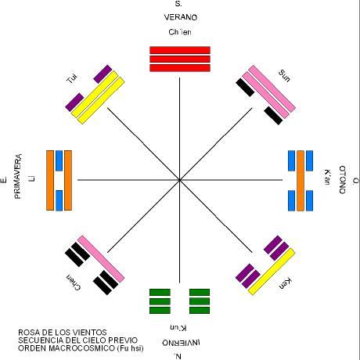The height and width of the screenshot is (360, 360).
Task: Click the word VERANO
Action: tap(180, 17)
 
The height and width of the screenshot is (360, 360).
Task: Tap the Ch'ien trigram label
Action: tap(180, 32)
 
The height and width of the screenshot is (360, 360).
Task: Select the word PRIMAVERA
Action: tap(18, 177)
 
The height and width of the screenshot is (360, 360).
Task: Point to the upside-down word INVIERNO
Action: tap(181, 343)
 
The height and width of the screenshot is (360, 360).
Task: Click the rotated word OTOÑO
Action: tap(343, 180)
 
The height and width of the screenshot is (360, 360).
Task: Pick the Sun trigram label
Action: tap(284, 76)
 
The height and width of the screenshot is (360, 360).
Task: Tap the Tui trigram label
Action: tap(72, 78)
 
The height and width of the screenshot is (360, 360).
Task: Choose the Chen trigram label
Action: tap(74, 283)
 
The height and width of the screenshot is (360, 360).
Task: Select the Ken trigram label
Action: tap(285, 283)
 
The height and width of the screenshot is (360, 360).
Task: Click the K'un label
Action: tap(178, 328)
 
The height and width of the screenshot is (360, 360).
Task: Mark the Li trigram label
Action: tap(32, 178)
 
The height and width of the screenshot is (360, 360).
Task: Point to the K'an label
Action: tap(327, 177)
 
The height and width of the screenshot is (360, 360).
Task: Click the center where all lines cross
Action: tap(179, 180)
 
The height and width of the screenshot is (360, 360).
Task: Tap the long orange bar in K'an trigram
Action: tap(301, 181)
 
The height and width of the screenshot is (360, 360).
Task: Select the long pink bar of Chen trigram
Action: tap(101, 259)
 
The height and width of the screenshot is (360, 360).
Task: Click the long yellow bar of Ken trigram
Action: tap(272, 272)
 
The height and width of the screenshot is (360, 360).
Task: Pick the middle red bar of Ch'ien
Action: tap(180, 59)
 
